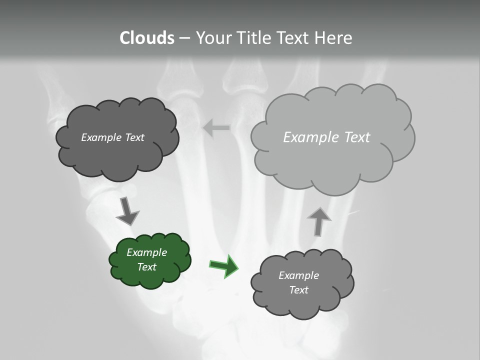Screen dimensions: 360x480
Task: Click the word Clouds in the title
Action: pyautogui.click(x=147, y=38)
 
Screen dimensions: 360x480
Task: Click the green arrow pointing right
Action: pyautogui.click(x=224, y=266)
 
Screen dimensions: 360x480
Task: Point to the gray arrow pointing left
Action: pyautogui.click(x=216, y=128)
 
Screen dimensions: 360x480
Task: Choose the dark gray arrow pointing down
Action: pyautogui.click(x=127, y=211)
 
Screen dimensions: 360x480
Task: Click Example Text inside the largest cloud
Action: pyautogui.click(x=326, y=137)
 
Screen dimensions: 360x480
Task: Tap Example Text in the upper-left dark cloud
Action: pyautogui.click(x=112, y=137)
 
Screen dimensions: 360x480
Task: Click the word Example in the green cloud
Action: pyautogui.click(x=146, y=252)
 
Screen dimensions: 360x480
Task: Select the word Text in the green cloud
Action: pyautogui.click(x=146, y=267)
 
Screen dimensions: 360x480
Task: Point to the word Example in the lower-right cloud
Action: pyautogui.click(x=298, y=275)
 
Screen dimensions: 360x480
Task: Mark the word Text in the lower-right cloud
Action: pyautogui.click(x=298, y=290)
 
